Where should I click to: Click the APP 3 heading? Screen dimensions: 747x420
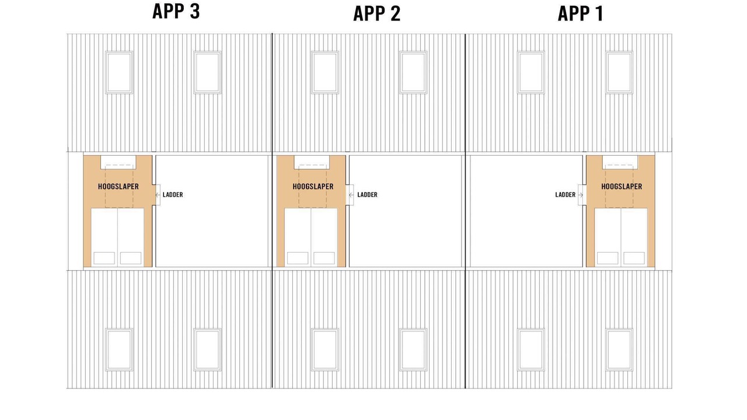pyautogui.click(x=176, y=11)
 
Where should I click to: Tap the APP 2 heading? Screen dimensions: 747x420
pyautogui.click(x=377, y=14)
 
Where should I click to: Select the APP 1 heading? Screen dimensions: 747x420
pyautogui.click(x=581, y=14)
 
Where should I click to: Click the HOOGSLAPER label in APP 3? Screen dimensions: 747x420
pyautogui.click(x=118, y=186)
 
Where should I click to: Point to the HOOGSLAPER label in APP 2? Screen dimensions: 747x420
pyautogui.click(x=313, y=186)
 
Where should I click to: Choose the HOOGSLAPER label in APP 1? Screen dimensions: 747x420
pyautogui.click(x=622, y=186)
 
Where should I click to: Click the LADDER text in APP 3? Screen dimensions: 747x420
pyautogui.click(x=173, y=195)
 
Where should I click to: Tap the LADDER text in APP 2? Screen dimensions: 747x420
pyautogui.click(x=367, y=195)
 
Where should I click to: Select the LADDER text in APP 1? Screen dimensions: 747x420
pyautogui.click(x=566, y=195)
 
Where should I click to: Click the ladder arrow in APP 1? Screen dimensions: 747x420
pyautogui.click(x=581, y=195)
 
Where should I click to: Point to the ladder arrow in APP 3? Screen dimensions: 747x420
pyautogui.click(x=158, y=195)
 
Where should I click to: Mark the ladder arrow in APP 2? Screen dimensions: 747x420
pyautogui.click(x=351, y=195)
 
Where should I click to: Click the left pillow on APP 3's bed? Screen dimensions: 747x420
pyautogui.click(x=104, y=258)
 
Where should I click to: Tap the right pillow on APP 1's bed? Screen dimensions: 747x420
pyautogui.click(x=634, y=258)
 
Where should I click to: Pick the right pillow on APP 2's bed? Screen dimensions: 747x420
pyautogui.click(x=324, y=258)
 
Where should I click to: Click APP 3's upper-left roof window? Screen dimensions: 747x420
pyautogui.click(x=119, y=72)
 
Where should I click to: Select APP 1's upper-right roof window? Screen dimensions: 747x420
pyautogui.click(x=619, y=72)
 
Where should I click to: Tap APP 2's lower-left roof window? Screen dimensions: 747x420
pyautogui.click(x=325, y=349)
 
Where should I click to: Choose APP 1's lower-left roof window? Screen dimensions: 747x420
pyautogui.click(x=531, y=349)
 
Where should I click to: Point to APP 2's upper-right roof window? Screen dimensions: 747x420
pyautogui.click(x=413, y=72)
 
